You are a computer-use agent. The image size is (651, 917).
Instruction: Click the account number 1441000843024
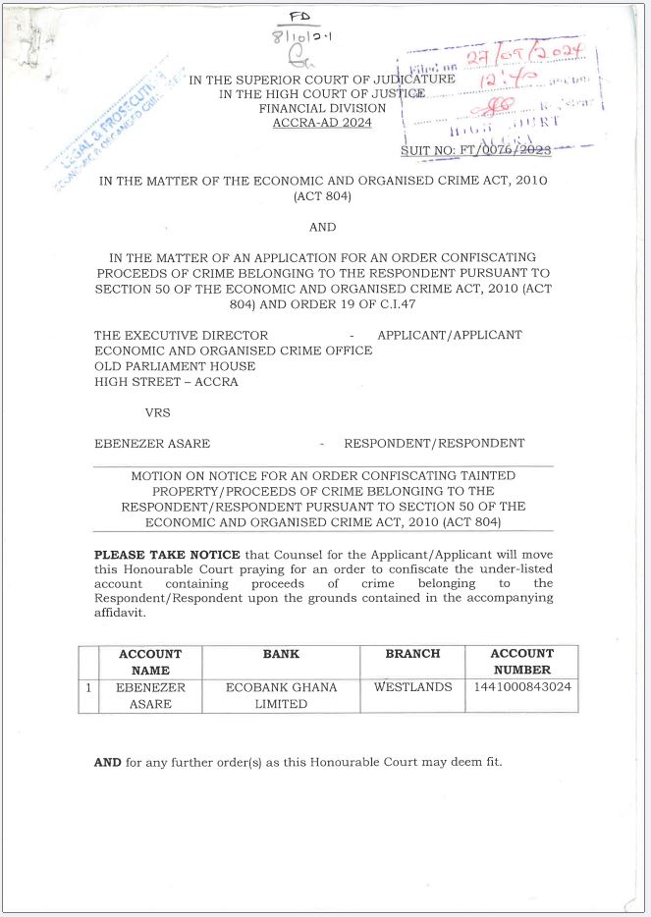pos(520,687)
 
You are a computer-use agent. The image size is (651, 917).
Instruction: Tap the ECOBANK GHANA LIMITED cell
pos(281,695)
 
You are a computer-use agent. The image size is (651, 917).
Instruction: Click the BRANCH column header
pos(412,654)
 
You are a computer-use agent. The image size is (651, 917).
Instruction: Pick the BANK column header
pos(281,654)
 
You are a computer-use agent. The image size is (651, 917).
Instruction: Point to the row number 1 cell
pos(88,687)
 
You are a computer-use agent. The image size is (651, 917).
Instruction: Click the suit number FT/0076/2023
pos(475,150)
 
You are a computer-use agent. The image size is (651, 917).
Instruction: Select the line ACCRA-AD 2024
pos(323,124)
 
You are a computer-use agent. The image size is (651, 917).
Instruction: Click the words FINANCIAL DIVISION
pos(323,109)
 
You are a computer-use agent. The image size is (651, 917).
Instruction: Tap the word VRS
pos(157,412)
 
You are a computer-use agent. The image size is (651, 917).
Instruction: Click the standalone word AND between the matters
pos(323,227)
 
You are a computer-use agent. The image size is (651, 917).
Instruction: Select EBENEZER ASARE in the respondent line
pos(152,443)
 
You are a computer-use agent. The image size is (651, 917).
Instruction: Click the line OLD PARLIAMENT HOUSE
pos(175,366)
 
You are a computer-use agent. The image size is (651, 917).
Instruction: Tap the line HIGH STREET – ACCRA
pos(166,382)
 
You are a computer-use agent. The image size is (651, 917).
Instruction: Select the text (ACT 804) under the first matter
pos(323,197)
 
